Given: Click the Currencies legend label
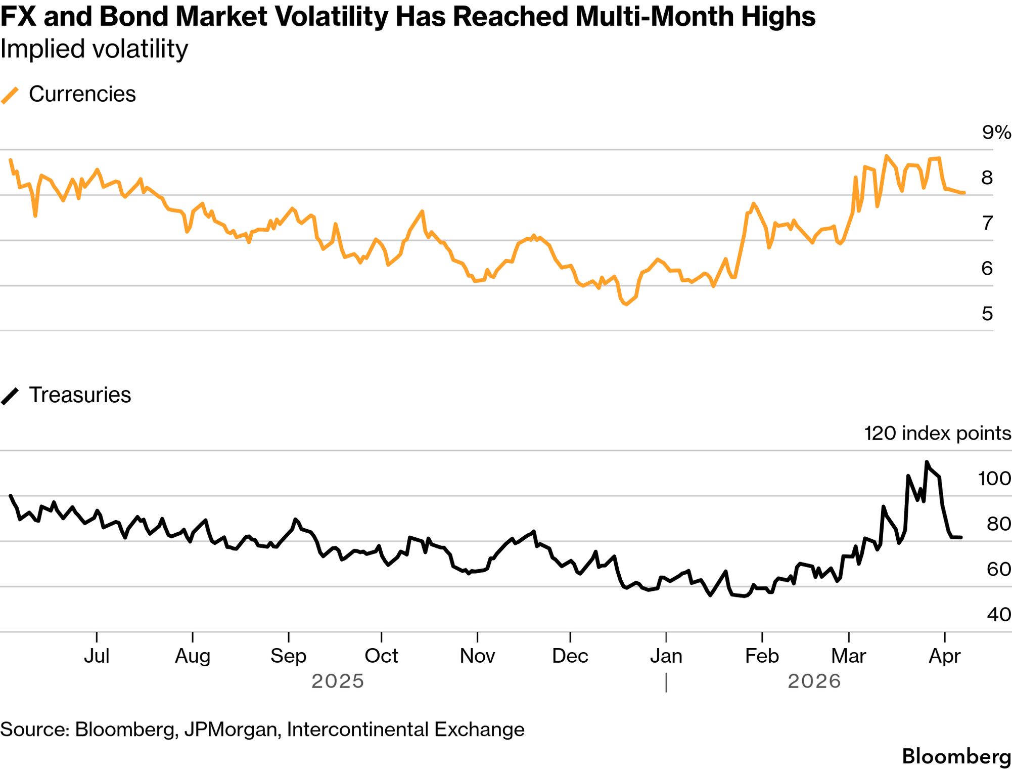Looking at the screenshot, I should tap(82, 94).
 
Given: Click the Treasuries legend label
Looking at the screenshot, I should tap(80, 395).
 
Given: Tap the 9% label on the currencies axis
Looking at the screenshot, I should tap(996, 133).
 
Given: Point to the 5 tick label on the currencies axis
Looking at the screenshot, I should tap(987, 314).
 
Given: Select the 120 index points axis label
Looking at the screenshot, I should tap(937, 434).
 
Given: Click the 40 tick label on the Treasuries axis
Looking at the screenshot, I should tap(998, 615).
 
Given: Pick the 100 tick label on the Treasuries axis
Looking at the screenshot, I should tap(994, 479).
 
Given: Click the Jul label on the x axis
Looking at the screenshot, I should tap(97, 656).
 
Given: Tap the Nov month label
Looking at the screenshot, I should tap(477, 656).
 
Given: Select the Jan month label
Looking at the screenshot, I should tap(666, 656).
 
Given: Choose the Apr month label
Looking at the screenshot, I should tap(944, 656).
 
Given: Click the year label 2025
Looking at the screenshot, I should tap(338, 681).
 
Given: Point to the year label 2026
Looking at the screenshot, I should tap(814, 681).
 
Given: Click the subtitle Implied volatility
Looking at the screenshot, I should tap(94, 50).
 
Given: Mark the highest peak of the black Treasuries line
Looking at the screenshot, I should tap(927, 462).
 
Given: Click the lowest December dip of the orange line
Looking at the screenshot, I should tap(626, 305).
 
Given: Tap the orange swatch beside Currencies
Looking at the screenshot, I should tap(10, 95).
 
